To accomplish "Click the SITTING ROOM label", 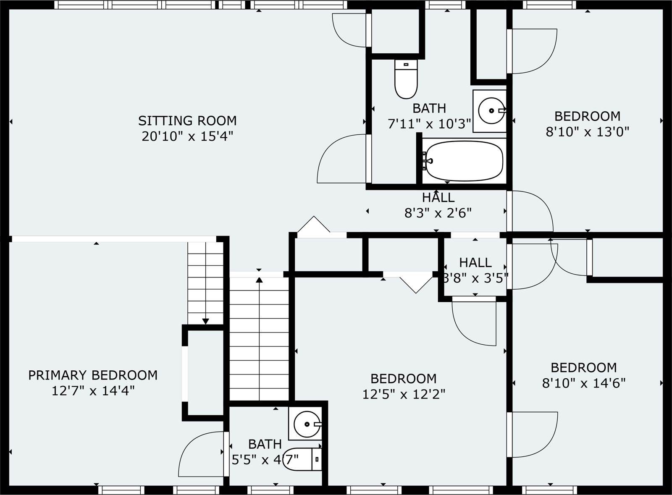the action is coord(187,121).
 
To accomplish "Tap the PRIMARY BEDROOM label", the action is coord(93,375).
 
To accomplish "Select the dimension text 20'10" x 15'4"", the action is coord(187,137).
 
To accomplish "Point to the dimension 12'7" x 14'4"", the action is coord(93,391).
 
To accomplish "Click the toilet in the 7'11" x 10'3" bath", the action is coord(406,79).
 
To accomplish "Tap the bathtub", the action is coord(464,161).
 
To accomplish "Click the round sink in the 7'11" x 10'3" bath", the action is coord(491,111).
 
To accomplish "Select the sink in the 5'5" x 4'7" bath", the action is coord(307,424).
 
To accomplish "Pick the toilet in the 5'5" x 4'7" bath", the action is coord(302,459).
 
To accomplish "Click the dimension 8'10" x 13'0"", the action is coord(587,132).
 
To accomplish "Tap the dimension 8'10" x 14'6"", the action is coord(583,383).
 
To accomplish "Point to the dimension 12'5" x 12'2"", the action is coord(404,395).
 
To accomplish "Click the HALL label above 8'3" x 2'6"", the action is coord(438,198).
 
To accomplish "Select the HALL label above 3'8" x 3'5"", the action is coord(475,263).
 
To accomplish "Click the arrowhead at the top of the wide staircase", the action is coord(259,280).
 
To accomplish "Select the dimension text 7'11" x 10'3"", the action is coord(429,124).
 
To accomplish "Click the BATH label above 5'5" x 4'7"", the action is coord(265,444).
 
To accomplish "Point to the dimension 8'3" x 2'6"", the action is coord(438,213).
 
